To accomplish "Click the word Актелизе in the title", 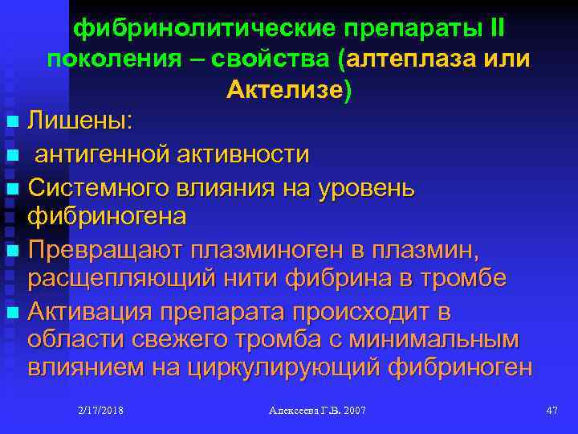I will (285, 90).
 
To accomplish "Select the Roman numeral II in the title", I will (495, 30).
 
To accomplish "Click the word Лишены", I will (80, 122).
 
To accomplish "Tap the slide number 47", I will (551, 411).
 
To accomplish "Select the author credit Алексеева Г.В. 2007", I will (316, 411).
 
